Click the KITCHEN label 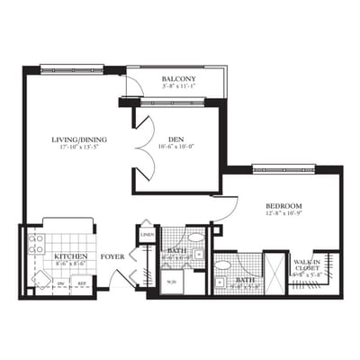70,257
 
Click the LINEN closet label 147,236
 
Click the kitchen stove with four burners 36,244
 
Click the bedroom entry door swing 227,209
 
